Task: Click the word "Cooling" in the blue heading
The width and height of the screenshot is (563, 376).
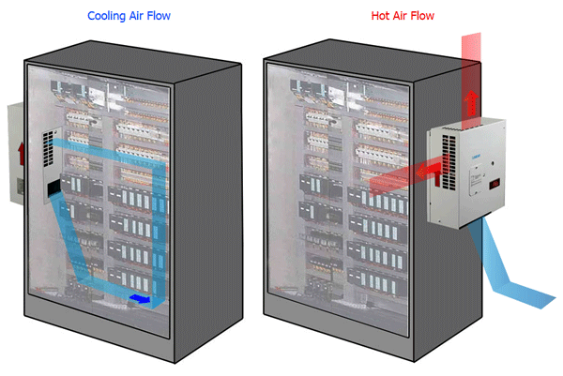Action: tap(108, 16)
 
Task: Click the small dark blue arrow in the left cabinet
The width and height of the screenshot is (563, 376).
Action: tap(140, 299)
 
